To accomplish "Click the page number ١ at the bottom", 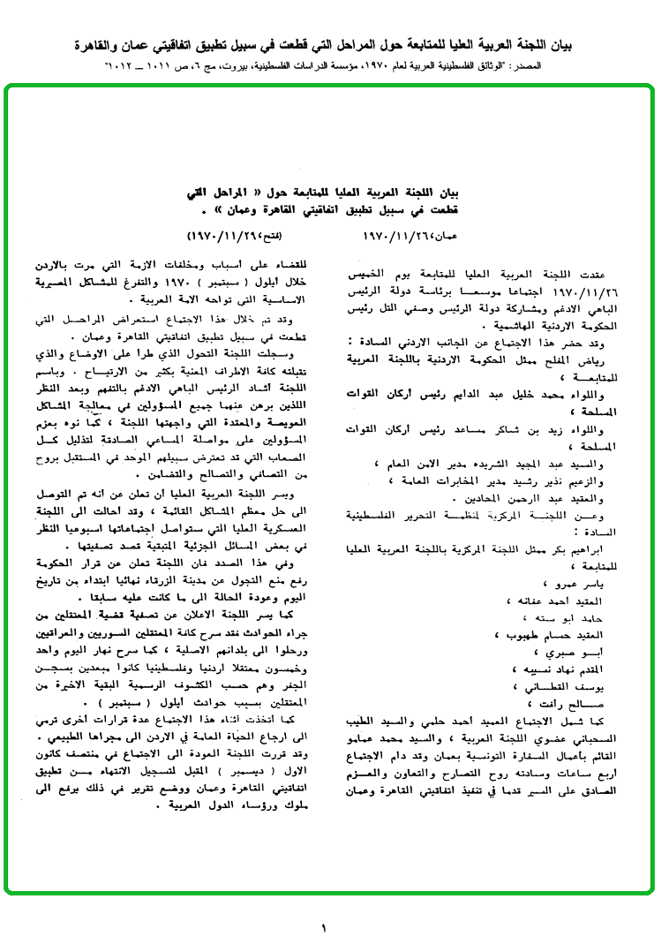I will (x=324, y=927).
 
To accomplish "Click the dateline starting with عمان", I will (x=408, y=238).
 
